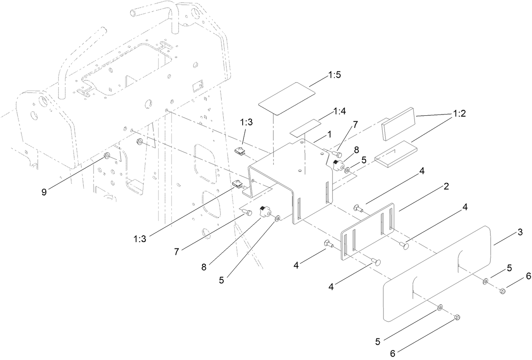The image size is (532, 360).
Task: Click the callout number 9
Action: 44,191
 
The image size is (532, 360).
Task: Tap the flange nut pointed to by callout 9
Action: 107,156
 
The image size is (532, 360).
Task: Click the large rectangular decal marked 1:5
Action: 287,98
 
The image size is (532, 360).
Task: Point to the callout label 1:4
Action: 340,112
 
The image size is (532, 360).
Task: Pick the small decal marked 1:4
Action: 305,128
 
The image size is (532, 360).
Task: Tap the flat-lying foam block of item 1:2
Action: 396,154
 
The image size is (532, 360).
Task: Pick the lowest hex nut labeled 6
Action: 457,317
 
